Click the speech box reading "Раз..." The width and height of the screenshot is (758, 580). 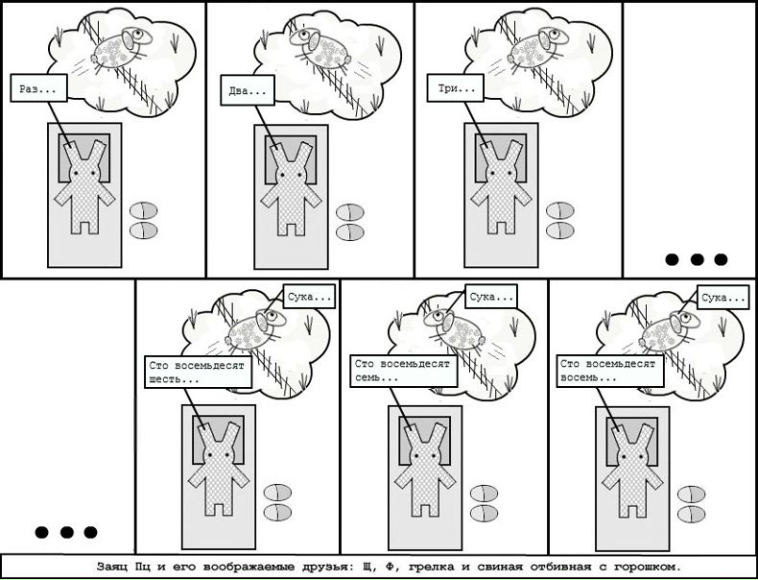click(38, 88)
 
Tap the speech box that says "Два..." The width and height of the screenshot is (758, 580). click(248, 90)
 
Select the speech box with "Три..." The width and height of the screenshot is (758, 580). click(455, 88)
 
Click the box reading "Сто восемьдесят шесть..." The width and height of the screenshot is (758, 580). click(199, 372)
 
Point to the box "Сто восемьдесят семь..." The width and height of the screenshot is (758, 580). click(404, 371)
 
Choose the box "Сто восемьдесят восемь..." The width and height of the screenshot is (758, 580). click(610, 371)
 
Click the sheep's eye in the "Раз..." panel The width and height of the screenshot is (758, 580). click(139, 35)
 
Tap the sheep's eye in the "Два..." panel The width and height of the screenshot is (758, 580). click(304, 36)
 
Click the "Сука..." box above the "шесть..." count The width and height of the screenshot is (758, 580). click(309, 296)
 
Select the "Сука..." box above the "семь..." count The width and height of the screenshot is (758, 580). click(491, 296)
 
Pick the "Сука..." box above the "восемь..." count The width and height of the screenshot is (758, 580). click(723, 297)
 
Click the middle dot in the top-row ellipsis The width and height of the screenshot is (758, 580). click(697, 260)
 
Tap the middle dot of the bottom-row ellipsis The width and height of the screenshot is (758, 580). click(67, 533)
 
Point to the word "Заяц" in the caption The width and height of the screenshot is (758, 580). click(111, 567)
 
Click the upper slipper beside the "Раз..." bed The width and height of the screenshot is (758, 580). click(144, 211)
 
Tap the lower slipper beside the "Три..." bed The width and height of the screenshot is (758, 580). click(560, 230)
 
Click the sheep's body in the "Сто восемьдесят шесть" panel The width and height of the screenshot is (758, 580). click(248, 333)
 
